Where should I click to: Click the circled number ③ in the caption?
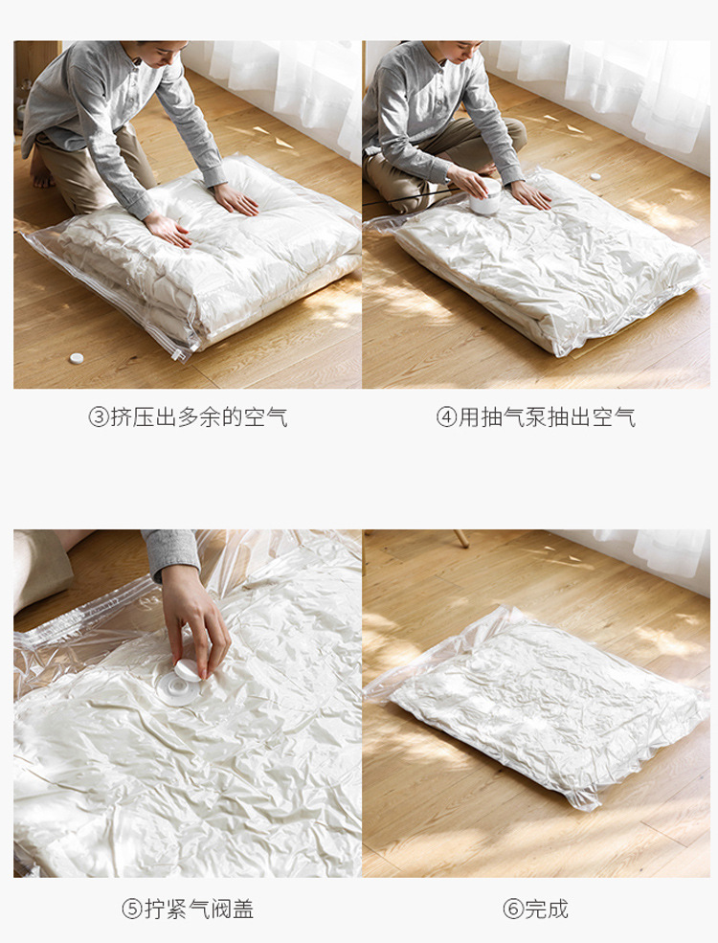tap(99, 417)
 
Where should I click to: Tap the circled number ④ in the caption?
tap(447, 417)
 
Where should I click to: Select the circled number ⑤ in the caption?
tap(132, 909)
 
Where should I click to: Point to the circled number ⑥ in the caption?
tap(513, 909)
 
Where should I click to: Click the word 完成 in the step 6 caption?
tap(547, 909)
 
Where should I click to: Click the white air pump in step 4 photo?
tap(486, 199)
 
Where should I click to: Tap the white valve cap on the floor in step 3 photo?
tap(76, 358)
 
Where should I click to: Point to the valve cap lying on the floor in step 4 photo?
tap(595, 177)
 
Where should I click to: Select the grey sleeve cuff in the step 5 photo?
tap(172, 552)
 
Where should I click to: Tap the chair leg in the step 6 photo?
tap(460, 538)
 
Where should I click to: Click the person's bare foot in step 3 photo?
tap(39, 169)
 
